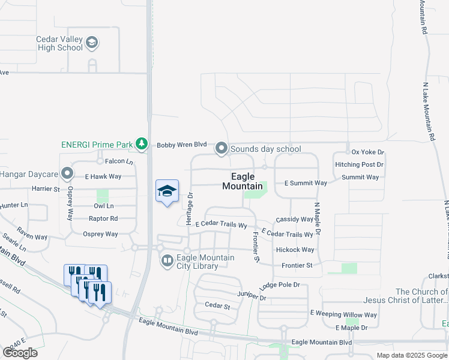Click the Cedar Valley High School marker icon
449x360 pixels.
(x=92, y=43)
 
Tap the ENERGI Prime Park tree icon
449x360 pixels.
(x=141, y=144)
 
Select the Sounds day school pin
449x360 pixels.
(x=221, y=148)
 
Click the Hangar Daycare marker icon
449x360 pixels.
(x=67, y=174)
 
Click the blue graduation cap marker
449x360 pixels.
(x=167, y=191)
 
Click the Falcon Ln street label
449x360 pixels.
(x=119, y=161)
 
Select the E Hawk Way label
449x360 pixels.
(x=103, y=177)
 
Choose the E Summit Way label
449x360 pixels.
(x=305, y=183)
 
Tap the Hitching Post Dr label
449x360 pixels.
(x=360, y=164)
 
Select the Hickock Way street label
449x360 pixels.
(x=295, y=250)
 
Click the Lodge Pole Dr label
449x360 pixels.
(x=279, y=286)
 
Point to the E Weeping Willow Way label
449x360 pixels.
(x=343, y=314)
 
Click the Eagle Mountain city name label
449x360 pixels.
(x=243, y=181)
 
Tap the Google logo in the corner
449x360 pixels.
(x=20, y=353)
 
